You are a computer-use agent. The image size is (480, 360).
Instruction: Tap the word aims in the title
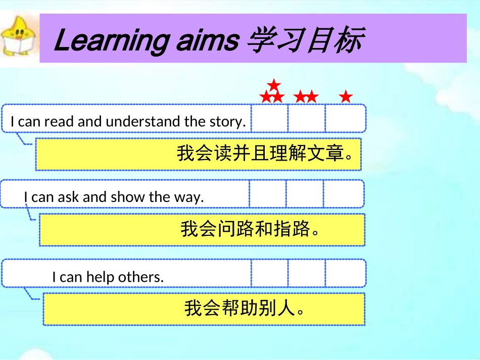(x=207, y=41)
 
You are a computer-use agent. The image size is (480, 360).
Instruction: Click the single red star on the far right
(x=346, y=96)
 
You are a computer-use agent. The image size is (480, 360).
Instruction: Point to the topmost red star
(x=273, y=84)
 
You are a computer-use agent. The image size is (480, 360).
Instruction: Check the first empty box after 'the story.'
(x=269, y=119)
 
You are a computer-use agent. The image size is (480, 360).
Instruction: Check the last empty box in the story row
(x=345, y=119)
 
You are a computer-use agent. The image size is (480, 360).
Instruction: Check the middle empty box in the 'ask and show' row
(x=304, y=194)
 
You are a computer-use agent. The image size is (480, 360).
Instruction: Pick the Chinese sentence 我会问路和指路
(x=251, y=229)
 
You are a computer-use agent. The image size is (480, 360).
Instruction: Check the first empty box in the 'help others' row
(x=269, y=274)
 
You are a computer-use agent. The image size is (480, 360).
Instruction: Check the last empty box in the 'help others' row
(x=345, y=274)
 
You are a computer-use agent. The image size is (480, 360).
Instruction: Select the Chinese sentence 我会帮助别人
(x=245, y=308)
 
